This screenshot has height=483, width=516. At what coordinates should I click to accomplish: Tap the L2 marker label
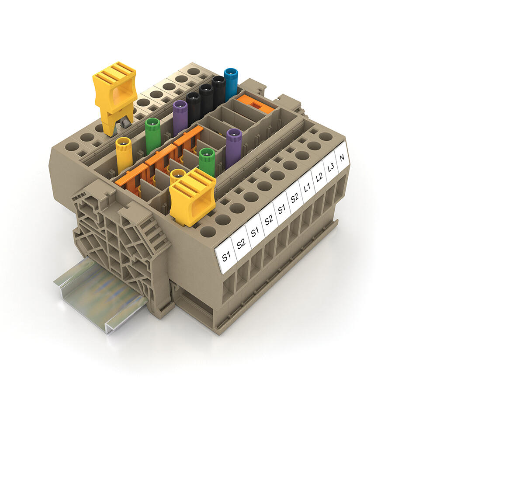(x=319, y=178)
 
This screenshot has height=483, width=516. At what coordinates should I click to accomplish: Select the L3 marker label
(x=331, y=167)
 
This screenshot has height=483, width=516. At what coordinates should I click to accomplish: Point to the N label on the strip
(x=342, y=158)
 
